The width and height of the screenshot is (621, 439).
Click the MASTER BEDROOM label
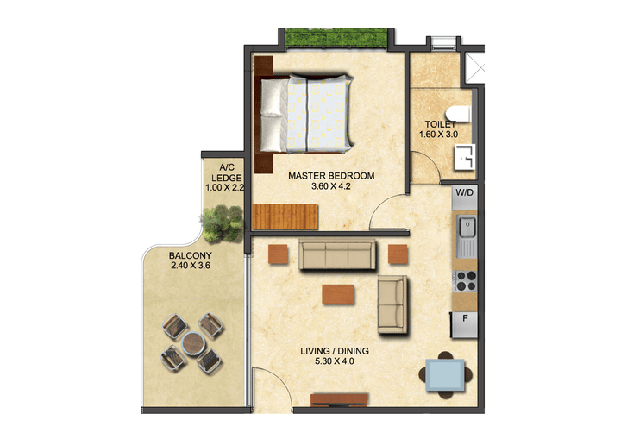[331, 176]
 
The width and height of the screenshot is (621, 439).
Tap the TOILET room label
[440, 124]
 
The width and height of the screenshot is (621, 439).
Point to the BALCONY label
[190, 256]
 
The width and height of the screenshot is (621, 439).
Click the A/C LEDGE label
[227, 172]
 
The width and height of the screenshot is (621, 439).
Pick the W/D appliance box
[464, 193]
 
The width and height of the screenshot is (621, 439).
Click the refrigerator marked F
[464, 323]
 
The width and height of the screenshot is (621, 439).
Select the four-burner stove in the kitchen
[465, 280]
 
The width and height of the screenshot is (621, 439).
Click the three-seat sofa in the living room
[336, 255]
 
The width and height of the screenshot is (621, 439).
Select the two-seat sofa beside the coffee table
[393, 304]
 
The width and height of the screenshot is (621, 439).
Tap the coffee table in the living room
[338, 294]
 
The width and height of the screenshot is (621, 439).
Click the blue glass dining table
[444, 374]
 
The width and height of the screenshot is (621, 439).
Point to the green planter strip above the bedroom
[336, 38]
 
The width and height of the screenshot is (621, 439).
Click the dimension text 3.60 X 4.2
[331, 187]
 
